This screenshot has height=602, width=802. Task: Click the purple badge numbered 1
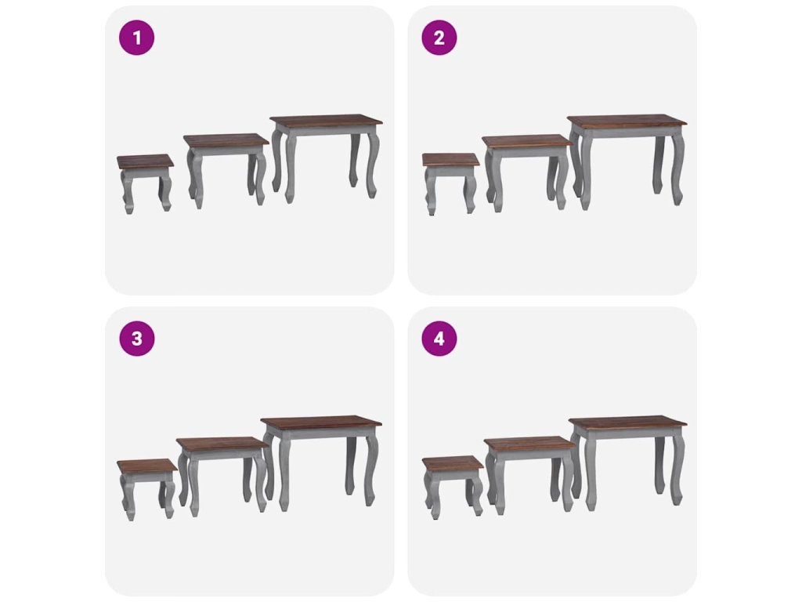point(136,38)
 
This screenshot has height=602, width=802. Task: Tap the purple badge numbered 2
point(439,38)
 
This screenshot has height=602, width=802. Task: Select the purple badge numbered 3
point(136,339)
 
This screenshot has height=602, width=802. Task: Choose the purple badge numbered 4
point(439,339)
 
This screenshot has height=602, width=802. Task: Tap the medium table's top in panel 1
point(226,141)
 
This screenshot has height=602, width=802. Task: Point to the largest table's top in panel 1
point(326,122)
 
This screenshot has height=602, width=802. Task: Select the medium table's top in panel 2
point(526,142)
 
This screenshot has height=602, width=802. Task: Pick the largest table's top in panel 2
point(627,122)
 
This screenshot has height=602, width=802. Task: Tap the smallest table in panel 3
point(147,489)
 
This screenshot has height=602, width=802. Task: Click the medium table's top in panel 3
point(222,444)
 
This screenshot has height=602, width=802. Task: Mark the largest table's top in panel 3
point(320,424)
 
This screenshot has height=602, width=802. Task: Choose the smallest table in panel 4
point(453,486)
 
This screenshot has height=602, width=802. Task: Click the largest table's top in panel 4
point(627,423)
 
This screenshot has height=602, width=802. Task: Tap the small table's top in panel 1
point(145,161)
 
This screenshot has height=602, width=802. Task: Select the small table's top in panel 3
point(147,466)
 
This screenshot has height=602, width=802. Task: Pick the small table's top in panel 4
point(453,463)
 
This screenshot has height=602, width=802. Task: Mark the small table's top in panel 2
point(450,160)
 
